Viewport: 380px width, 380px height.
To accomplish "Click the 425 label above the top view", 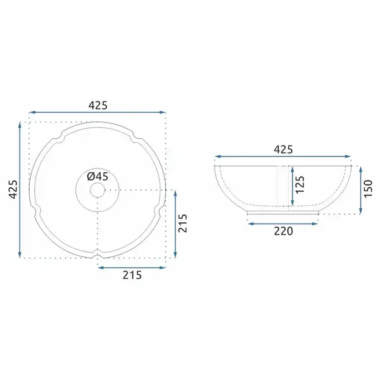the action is pyautogui.click(x=98, y=105).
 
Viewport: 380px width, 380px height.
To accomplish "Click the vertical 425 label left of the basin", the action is pyautogui.click(x=13, y=189).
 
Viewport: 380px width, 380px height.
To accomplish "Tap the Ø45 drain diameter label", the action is pyautogui.click(x=98, y=177).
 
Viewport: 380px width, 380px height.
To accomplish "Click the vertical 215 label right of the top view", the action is pyautogui.click(x=183, y=223).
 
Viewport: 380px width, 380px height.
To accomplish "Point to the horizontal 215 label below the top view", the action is pyautogui.click(x=132, y=275).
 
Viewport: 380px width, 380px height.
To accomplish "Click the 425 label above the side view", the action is pyautogui.click(x=283, y=149).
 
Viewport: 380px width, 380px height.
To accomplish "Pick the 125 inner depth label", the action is pyautogui.click(x=300, y=184).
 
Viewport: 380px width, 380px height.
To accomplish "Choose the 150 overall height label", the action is pyautogui.click(x=368, y=189).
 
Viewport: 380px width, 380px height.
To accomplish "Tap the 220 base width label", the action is pyautogui.click(x=284, y=231).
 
